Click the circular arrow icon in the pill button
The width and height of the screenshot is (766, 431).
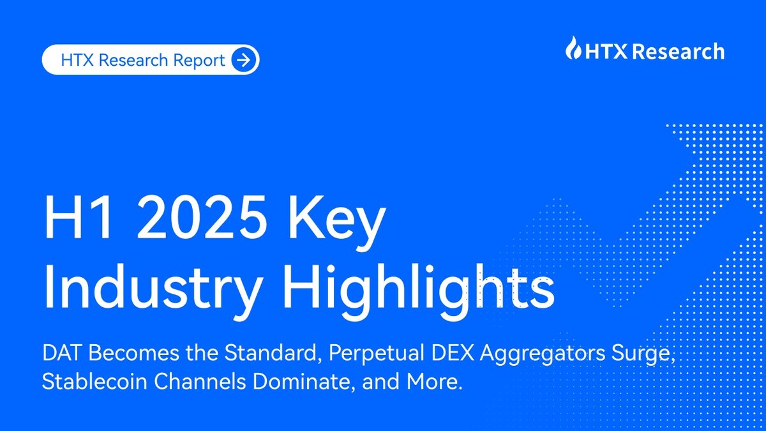pyautogui.click(x=244, y=61)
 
